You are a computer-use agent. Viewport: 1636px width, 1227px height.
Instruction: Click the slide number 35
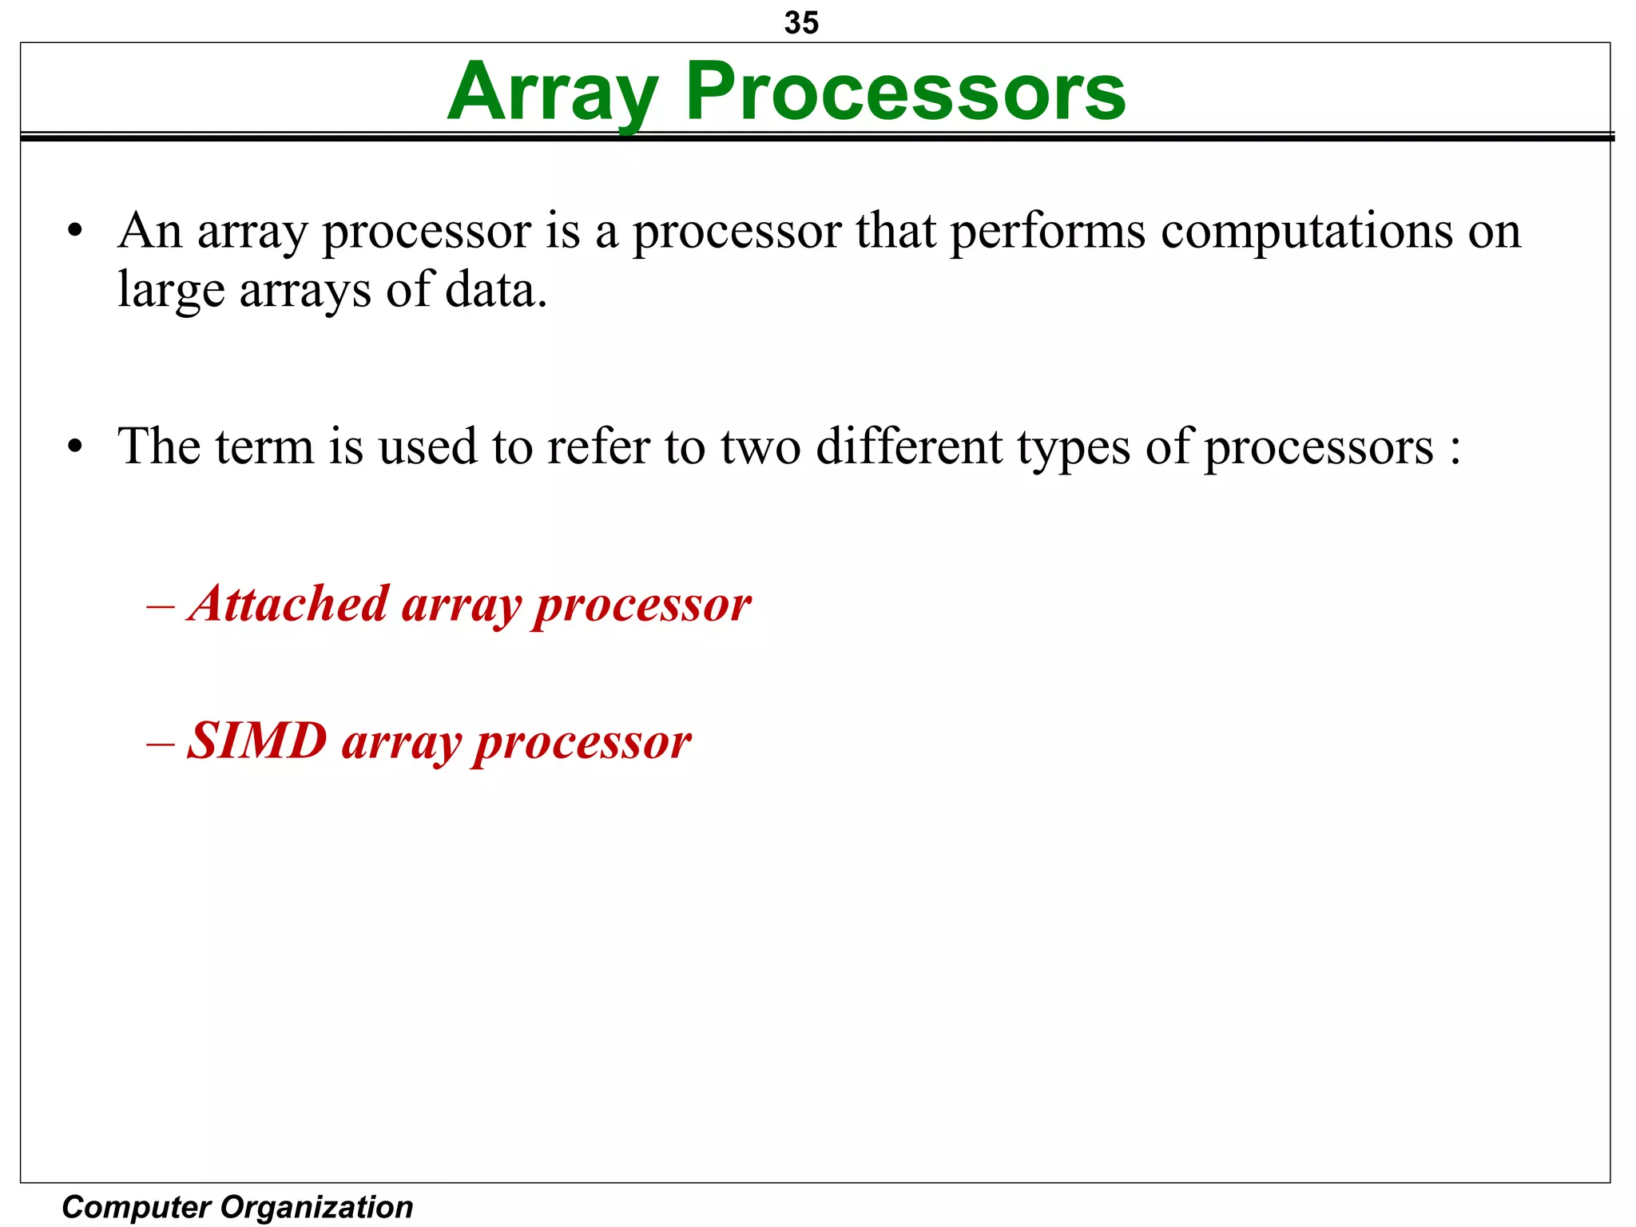[801, 22]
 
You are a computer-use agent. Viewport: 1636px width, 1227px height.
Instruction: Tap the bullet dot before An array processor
[75, 232]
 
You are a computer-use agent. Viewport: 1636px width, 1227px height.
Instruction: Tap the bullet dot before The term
[75, 448]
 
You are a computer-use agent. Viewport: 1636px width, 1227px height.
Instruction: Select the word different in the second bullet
[909, 447]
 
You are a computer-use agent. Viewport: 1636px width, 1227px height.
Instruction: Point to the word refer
[598, 447]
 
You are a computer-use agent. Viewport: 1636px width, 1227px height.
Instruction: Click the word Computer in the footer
[136, 1207]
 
